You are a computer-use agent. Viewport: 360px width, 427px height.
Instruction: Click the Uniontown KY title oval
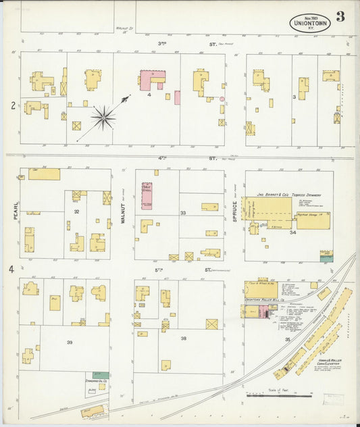310,22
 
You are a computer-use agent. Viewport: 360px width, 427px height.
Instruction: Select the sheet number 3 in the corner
340,18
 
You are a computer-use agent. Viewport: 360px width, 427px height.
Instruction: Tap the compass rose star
103,118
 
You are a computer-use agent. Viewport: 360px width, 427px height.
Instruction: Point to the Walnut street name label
124,211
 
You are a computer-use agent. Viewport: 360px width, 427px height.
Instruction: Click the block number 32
77,211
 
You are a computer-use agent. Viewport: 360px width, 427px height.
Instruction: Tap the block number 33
182,213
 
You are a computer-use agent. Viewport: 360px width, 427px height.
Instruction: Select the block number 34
292,232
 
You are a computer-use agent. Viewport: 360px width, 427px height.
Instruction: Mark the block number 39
69,343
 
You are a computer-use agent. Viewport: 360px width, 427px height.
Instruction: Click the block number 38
182,338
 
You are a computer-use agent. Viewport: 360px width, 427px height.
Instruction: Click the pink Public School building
147,195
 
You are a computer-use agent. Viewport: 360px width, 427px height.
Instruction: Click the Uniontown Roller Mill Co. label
261,299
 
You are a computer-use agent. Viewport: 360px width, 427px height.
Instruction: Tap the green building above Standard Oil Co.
101,374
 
